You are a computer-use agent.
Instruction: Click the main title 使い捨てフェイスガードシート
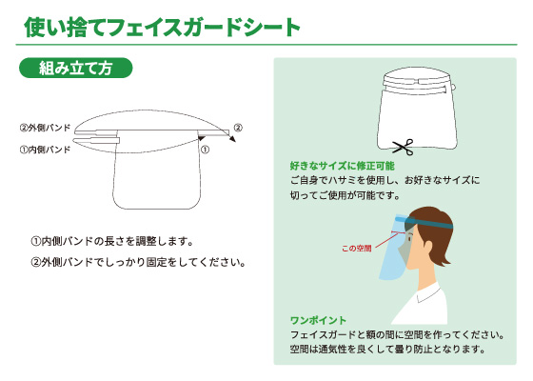tap(162, 28)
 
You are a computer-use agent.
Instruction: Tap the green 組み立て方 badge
tap(75, 68)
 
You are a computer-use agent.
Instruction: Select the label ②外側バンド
tap(45, 128)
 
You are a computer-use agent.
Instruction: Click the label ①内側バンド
tap(45, 150)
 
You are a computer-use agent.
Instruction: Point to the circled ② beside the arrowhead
tap(238, 128)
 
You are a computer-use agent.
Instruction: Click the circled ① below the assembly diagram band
tap(205, 150)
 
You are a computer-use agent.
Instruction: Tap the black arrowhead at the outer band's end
tap(232, 139)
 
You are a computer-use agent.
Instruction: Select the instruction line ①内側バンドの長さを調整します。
tap(112, 241)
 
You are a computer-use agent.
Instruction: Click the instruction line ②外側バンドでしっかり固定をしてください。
tap(138, 262)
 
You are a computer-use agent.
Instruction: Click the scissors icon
tap(404, 147)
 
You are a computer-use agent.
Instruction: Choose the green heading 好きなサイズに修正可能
tap(343, 166)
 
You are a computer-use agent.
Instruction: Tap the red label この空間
tap(357, 249)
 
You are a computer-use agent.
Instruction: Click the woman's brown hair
tap(433, 234)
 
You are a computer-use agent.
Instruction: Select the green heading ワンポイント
tap(318, 320)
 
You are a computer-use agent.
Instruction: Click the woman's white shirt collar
tap(429, 292)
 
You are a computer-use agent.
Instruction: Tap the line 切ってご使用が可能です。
tap(345, 195)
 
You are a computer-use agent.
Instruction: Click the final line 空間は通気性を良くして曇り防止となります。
tap(388, 349)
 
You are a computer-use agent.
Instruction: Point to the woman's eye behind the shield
tap(410, 236)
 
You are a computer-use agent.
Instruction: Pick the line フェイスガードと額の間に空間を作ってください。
tap(398, 334)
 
